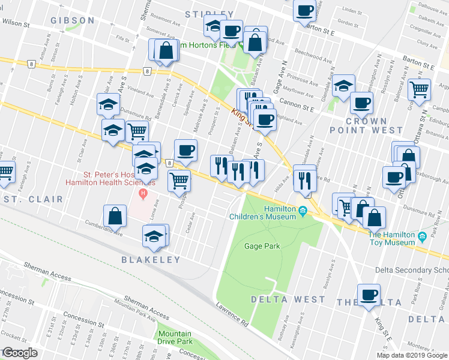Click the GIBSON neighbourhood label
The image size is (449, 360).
coord(73,20)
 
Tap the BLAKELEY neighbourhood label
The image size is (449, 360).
coord(151,260)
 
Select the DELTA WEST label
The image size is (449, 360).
coord(288,299)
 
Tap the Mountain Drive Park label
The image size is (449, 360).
coord(174,339)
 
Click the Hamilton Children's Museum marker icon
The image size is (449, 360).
coord(303,210)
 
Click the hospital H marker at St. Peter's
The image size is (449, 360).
coord(143,194)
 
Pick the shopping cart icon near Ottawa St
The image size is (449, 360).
coord(420,89)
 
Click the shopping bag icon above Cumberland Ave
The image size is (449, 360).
coord(115,217)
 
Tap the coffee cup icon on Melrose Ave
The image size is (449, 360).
coord(185,150)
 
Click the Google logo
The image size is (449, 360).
coord(20,353)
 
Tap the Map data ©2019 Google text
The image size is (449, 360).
coord(412,355)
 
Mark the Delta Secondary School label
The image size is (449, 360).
coord(412,270)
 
